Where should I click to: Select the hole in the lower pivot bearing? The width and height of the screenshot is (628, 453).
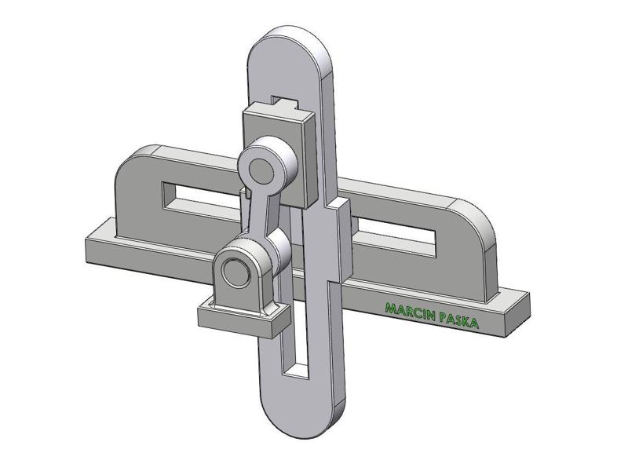coord(233,272)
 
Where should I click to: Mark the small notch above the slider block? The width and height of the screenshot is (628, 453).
coord(284,100)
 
